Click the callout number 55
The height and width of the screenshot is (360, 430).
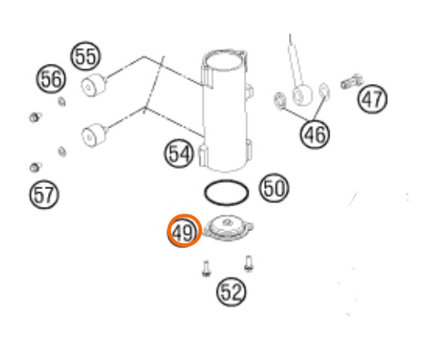coord(86,56)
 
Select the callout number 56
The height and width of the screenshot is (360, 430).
coord(51,79)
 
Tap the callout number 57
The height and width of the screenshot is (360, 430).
coord(44,194)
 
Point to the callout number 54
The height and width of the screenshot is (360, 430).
coord(179,154)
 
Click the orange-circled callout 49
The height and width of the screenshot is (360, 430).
coord(185,231)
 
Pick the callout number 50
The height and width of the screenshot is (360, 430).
coord(274,188)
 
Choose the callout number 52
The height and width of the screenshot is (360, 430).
coord(231,292)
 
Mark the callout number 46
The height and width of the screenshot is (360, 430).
coord(315,134)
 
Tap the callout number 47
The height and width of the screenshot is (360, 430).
coord(372,99)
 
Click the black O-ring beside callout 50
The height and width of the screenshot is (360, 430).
coord(227,181)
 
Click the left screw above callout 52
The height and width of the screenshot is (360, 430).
coord(206,268)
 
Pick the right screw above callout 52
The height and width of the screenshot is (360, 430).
coord(248,263)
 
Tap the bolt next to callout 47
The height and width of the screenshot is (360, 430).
coord(351,81)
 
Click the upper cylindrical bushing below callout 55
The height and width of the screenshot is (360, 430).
coord(94,85)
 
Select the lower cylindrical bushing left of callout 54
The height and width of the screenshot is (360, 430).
coord(95,135)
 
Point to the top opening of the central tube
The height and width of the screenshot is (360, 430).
coord(224,60)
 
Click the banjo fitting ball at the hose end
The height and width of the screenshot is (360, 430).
coord(302,94)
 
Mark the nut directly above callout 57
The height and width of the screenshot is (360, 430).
coord(35,167)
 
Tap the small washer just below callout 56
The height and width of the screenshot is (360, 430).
coord(62,102)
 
